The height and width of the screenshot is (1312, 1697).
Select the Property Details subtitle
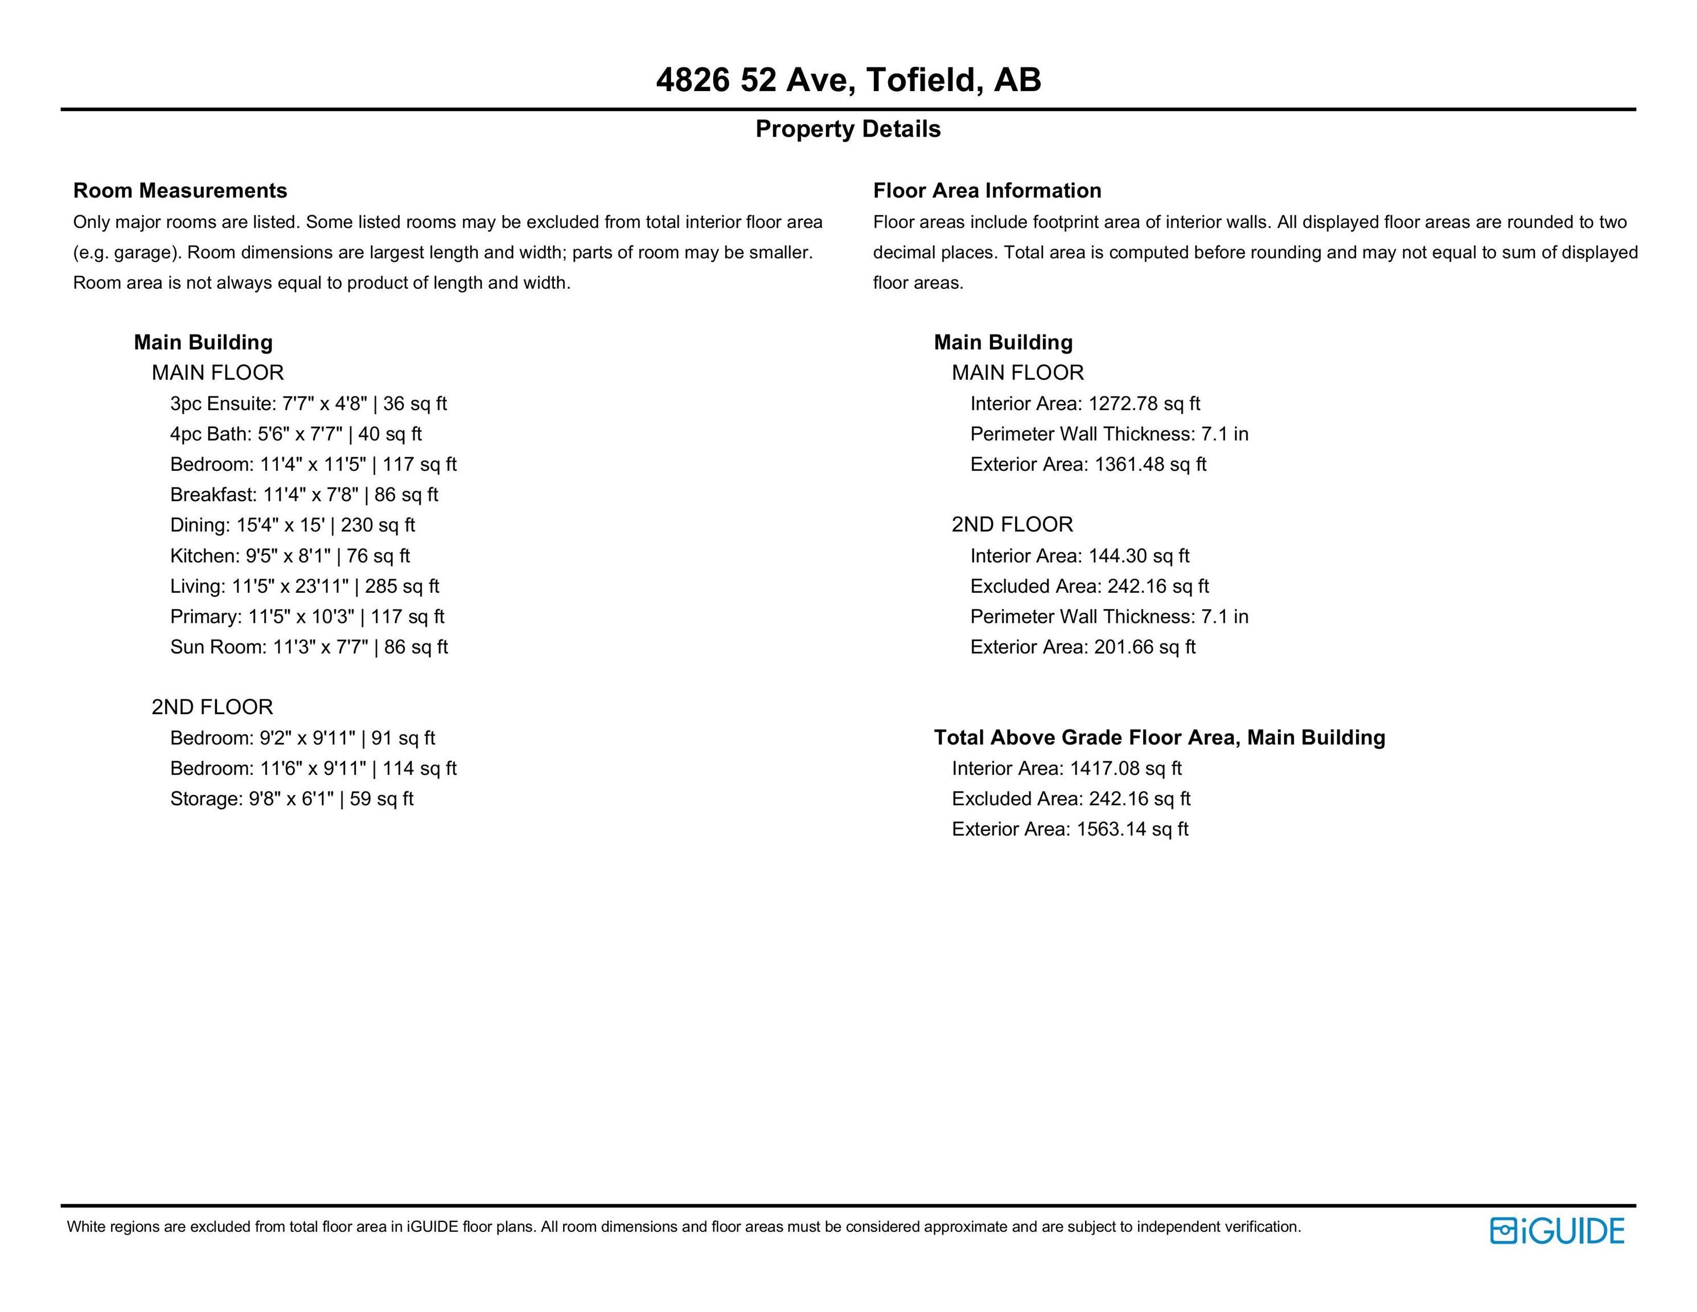click(848, 129)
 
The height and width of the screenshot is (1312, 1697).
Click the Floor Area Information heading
click(987, 190)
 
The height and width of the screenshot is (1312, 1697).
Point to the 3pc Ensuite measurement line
click(309, 403)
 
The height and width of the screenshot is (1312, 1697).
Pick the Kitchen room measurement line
click(290, 556)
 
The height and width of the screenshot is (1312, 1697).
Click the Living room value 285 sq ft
click(402, 586)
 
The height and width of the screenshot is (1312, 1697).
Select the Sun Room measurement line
click(309, 647)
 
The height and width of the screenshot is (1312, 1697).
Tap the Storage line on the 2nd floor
click(291, 799)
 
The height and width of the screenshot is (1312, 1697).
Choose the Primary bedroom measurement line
click(307, 616)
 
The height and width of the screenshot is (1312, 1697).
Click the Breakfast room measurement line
click(304, 495)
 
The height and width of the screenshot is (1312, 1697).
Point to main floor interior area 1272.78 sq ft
click(1144, 403)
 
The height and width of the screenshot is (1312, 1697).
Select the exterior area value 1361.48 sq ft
click(1150, 465)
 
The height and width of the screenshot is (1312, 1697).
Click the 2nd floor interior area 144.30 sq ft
click(1139, 556)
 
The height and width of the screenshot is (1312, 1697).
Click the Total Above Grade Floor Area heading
click(1159, 737)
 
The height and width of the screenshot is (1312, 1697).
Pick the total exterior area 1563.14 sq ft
click(1132, 829)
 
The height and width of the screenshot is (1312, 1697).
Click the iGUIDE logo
click(1556, 1231)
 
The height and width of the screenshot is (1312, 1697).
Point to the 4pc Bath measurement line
click(296, 434)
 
